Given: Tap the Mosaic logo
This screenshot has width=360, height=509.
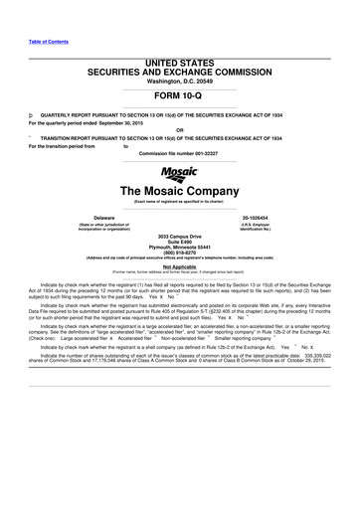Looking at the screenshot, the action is tap(180, 171).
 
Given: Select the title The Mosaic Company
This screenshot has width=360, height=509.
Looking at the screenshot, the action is tap(180, 190).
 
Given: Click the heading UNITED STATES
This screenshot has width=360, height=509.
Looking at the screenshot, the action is tap(180, 35).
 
